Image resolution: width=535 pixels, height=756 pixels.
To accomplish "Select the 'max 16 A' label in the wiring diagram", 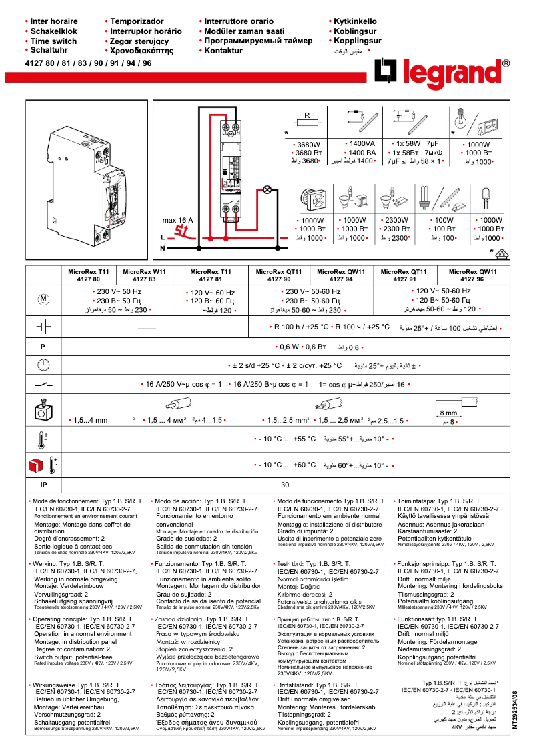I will click(x=177, y=220).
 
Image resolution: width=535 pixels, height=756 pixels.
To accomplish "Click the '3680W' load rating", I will click(x=308, y=144).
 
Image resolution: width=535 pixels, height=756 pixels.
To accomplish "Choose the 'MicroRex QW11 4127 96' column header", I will click(x=473, y=275).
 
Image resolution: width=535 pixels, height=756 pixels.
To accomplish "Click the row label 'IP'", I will click(x=43, y=485).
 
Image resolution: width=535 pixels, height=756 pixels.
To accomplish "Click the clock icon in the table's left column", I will click(x=43, y=365).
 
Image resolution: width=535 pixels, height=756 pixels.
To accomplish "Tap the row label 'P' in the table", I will click(x=43, y=347).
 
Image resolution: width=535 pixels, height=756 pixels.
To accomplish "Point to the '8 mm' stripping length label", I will click(x=448, y=413).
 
